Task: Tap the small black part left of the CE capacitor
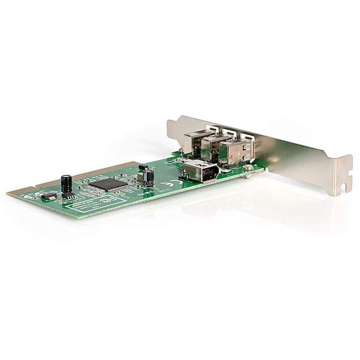(x=141, y=168)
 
